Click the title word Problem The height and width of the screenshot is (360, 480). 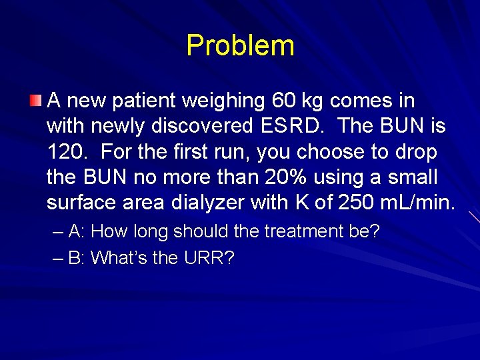(240, 46)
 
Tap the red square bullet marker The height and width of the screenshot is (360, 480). (35, 101)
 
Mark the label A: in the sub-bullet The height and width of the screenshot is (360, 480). (75, 231)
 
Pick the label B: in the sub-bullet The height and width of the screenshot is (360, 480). (75, 257)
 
